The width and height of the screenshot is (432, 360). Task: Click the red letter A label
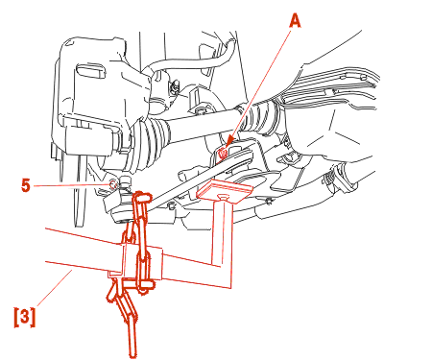[x=295, y=22]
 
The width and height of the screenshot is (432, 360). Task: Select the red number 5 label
[x=26, y=185]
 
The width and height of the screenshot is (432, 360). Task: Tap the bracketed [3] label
[x=25, y=317]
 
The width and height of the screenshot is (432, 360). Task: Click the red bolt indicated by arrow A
[x=223, y=153]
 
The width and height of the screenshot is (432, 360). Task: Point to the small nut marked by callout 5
[x=113, y=184]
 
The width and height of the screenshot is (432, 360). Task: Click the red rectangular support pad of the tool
[x=225, y=191]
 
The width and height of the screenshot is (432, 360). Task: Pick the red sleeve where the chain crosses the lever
[x=142, y=263]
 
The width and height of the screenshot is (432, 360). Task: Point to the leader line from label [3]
[x=55, y=287]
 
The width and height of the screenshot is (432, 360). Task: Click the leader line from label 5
[x=71, y=185]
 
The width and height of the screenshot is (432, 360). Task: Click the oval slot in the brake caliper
[x=91, y=71]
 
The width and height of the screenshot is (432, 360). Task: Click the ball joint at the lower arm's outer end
[x=123, y=204]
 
